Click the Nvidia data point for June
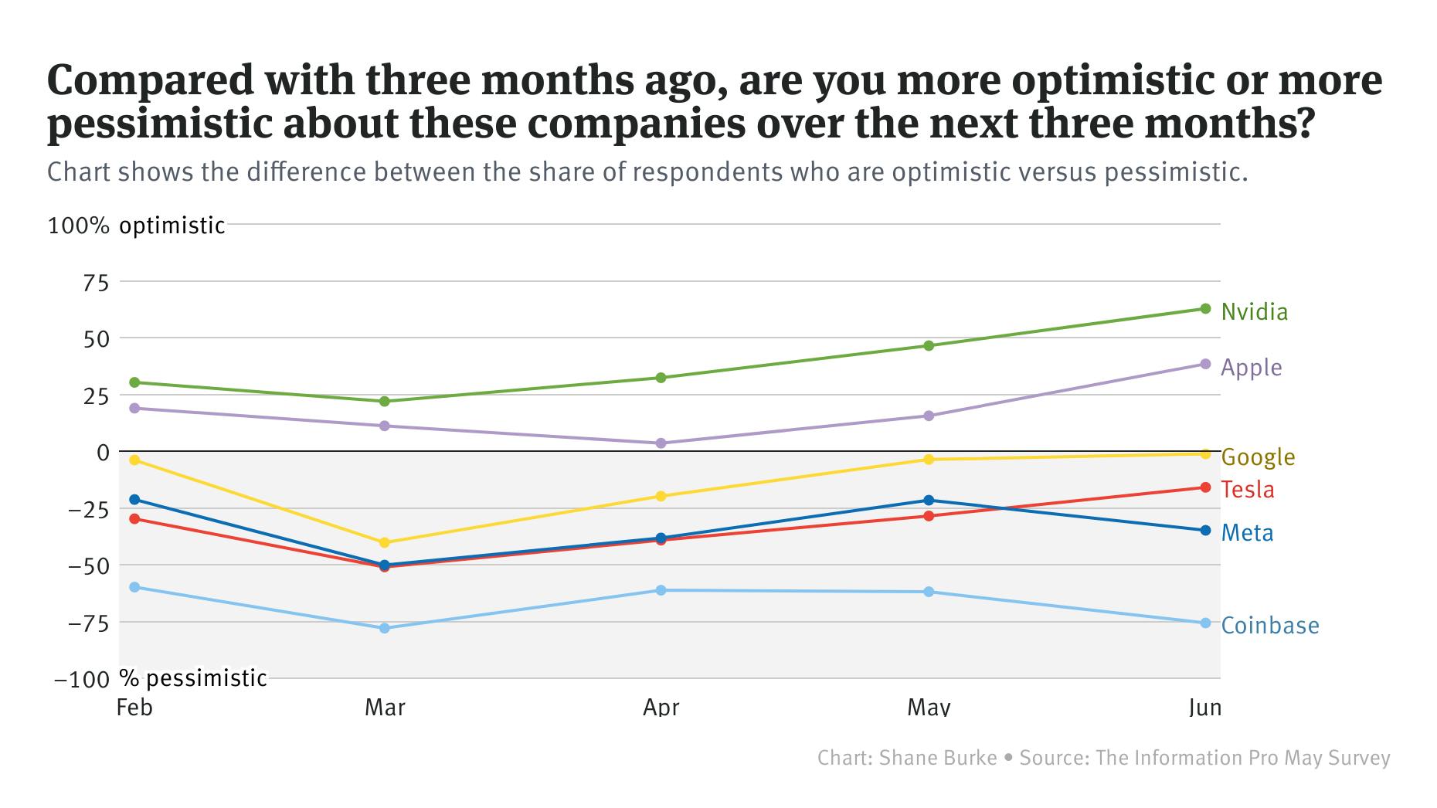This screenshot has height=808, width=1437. [x=1205, y=309]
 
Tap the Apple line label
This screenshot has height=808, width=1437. [x=1251, y=368]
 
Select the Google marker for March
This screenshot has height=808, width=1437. [x=385, y=542]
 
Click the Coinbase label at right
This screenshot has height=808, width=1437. [x=1269, y=626]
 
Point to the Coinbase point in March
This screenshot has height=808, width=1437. [x=385, y=628]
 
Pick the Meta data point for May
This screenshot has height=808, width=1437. [x=929, y=501]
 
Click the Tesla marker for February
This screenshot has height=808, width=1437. [x=134, y=519]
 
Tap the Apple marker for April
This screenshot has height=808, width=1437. [x=661, y=443]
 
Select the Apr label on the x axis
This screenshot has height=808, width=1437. [x=661, y=707]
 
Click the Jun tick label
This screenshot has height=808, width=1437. [x=1204, y=707]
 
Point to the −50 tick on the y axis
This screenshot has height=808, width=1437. [x=88, y=565]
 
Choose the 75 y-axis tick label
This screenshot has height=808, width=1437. [x=96, y=283]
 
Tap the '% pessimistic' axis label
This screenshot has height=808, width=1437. [x=193, y=678]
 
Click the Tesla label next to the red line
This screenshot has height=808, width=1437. [x=1248, y=490]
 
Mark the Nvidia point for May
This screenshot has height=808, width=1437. [x=929, y=345]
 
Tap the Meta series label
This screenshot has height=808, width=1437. [x=1247, y=533]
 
